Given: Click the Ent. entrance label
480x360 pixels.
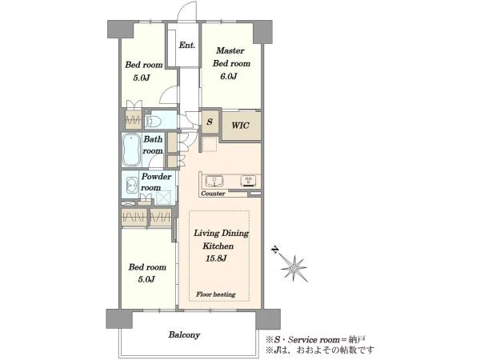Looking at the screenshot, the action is coord(187,46).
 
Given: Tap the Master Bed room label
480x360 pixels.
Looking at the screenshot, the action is coord(231,57).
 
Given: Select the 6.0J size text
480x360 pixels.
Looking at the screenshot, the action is coord(229,76).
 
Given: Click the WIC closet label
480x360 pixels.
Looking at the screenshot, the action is coord(240,126).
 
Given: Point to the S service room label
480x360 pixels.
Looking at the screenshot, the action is coord(210,122).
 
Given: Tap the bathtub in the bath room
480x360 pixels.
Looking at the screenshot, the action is coord(132,150).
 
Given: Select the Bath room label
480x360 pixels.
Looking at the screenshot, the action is coord(153,145).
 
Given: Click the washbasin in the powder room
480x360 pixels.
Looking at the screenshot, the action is coord(132,185).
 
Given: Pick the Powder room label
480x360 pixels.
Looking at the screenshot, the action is coord(156,182).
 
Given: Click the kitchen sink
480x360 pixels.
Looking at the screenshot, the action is coord(214,181).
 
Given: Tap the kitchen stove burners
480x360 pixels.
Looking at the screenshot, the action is coord(248,181).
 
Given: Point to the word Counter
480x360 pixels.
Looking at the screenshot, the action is coord(213,194).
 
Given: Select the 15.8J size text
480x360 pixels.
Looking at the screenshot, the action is coord(216,258).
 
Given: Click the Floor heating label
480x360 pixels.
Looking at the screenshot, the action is coord(216,294).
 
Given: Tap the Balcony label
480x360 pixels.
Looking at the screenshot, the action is coord(184,334).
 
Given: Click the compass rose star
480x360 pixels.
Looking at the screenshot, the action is coord(294,268).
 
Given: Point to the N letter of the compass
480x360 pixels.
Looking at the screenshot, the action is coord(275,250).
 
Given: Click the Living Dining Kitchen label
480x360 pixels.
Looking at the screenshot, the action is coord(221,239).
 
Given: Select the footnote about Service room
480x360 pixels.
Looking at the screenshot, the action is coord(316,339).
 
